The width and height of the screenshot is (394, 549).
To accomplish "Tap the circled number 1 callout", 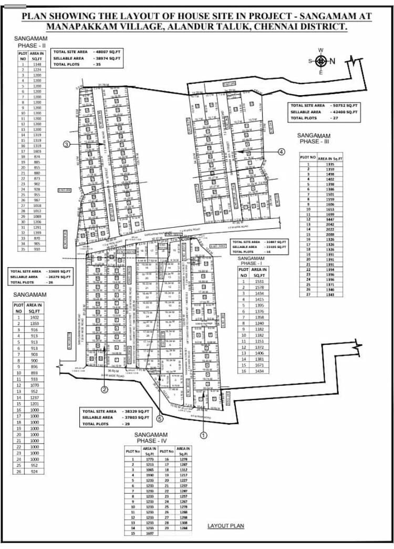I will click(x=204, y=435).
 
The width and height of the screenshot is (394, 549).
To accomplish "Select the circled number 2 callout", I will click(x=105, y=390).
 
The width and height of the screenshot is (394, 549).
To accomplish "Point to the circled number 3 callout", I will click(x=66, y=145).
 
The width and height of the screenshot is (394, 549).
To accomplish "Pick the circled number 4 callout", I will click(x=281, y=151).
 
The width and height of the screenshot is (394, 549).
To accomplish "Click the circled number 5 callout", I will click(x=160, y=419).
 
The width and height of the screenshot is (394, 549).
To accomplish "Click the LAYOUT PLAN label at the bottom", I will click(x=226, y=525).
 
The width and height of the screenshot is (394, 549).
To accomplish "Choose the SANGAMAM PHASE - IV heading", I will click(x=151, y=438).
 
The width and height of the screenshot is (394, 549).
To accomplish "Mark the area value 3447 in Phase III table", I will click(x=330, y=219).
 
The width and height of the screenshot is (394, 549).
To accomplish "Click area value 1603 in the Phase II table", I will click(x=37, y=151).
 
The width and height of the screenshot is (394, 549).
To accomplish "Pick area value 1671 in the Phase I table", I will click(x=259, y=365).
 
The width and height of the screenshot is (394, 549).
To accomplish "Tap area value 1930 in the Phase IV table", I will click(x=150, y=475).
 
